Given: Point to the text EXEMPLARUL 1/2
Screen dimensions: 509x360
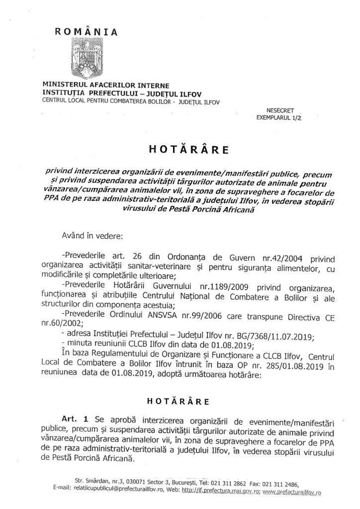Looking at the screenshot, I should point(279,119).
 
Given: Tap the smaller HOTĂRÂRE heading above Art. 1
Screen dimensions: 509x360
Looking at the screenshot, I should point(180,400).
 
